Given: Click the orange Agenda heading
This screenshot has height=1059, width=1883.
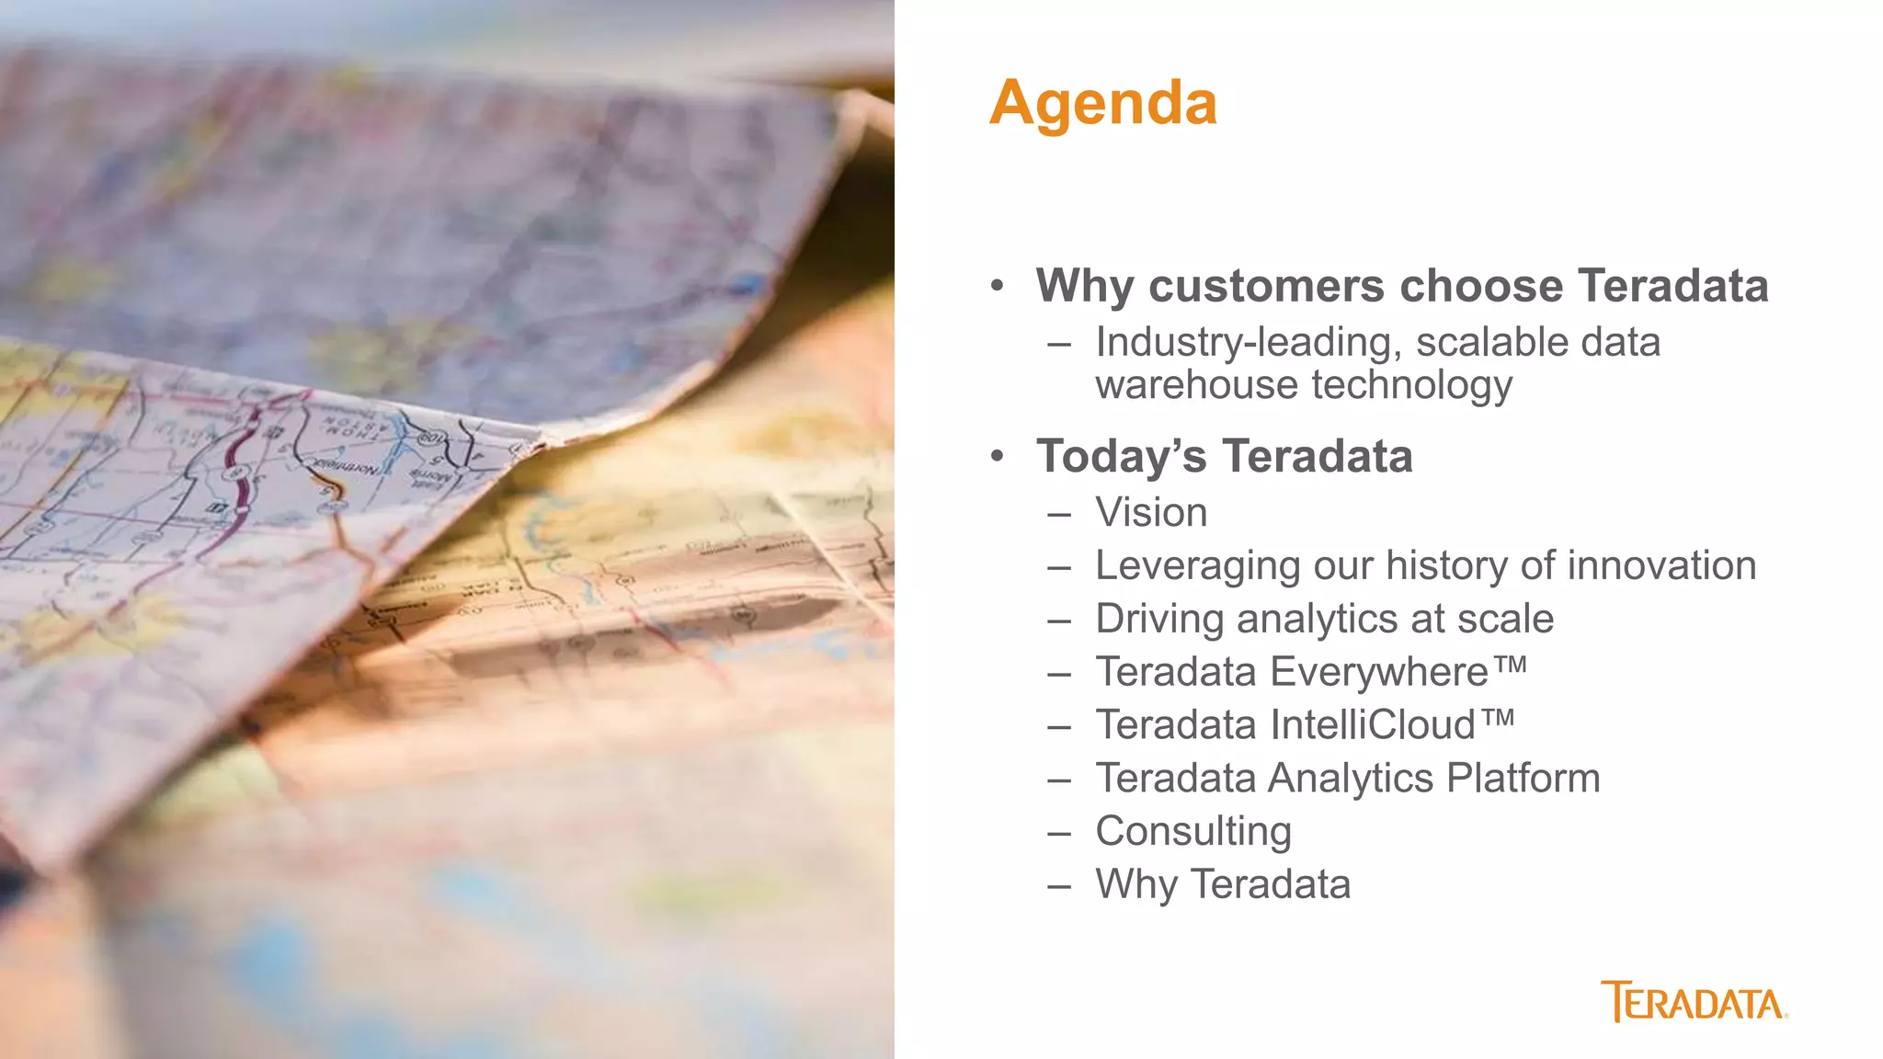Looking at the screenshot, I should pyautogui.click(x=1103, y=103).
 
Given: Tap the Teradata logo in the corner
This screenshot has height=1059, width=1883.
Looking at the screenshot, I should pyautogui.click(x=1694, y=1002).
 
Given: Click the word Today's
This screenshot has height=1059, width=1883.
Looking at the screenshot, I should pyautogui.click(x=1121, y=457).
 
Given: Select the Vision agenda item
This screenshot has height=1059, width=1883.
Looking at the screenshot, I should pyautogui.click(x=1151, y=513).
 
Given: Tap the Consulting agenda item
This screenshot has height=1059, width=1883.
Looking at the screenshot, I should pyautogui.click(x=1193, y=832).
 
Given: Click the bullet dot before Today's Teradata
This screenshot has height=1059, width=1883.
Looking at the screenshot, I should pyautogui.click(x=998, y=457).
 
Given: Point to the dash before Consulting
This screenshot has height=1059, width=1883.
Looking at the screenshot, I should pyautogui.click(x=1059, y=833).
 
